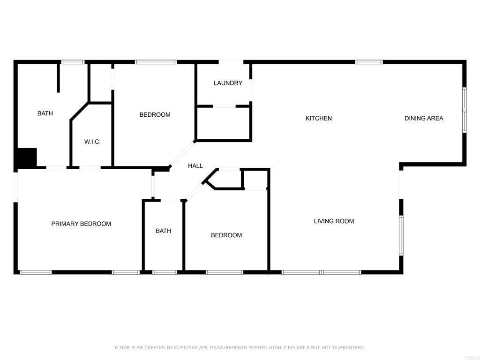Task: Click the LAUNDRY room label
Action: click(228, 83)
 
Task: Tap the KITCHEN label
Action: click(319, 118)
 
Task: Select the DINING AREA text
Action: click(424, 118)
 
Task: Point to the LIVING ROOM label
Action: click(334, 221)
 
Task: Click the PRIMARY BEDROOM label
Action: click(81, 224)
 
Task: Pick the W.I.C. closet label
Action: click(92, 142)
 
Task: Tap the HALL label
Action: click(195, 165)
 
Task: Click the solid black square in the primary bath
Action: click(27, 157)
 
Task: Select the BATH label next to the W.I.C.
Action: click(45, 113)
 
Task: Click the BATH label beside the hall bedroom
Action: click(164, 231)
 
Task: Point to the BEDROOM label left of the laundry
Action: click(155, 114)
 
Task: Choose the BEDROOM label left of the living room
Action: click(226, 235)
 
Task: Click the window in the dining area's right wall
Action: click(464, 110)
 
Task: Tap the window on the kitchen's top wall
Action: click(369, 62)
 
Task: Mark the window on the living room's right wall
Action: click(401, 235)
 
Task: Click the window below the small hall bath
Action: click(165, 272)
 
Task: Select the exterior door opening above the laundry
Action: click(231, 62)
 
